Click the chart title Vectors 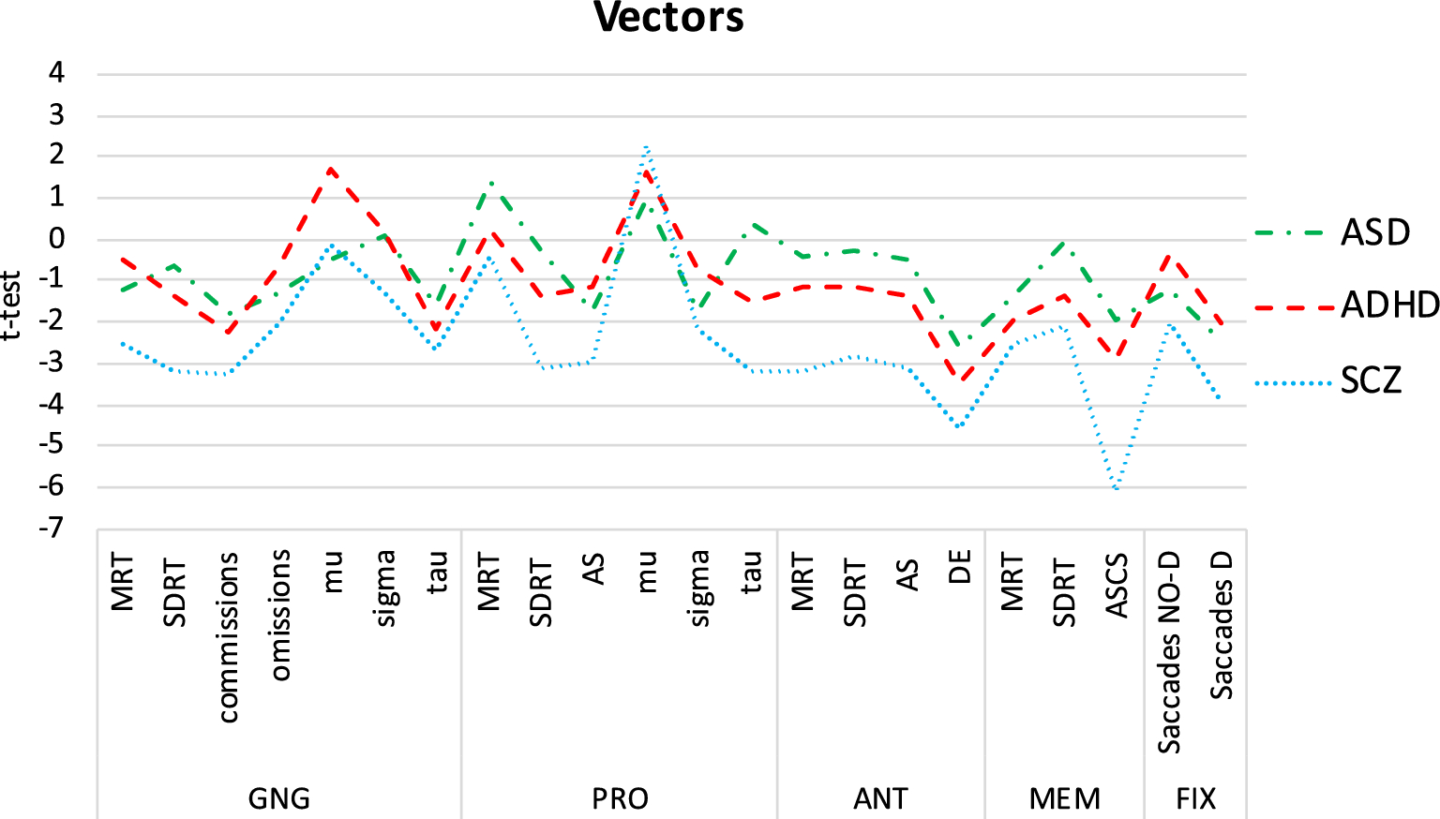pos(668,18)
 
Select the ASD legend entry pos(1374,232)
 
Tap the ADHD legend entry pos(1389,305)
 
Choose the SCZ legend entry pos(1371,380)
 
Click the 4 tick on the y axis pos(57,73)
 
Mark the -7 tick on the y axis pos(52,528)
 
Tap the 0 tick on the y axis pos(57,238)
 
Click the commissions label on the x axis pos(228,637)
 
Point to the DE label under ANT pos(959,568)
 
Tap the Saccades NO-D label pos(1168,652)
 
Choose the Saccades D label pos(1221,625)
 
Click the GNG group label pos(278,798)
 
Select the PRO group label pos(620,798)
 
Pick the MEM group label pos(1064,798)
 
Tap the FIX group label pos(1195,798)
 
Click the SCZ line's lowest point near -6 pos(1117,488)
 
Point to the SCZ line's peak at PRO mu pos(647,147)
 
